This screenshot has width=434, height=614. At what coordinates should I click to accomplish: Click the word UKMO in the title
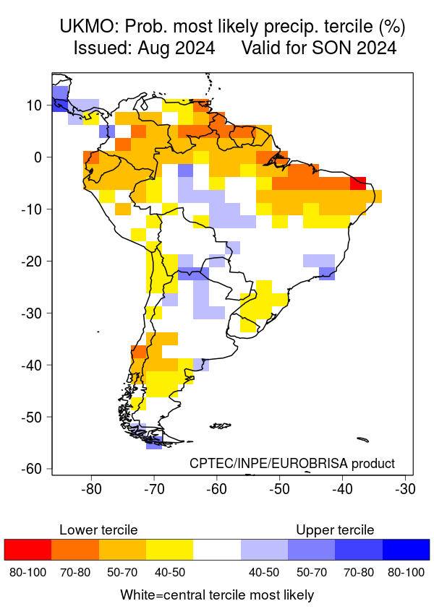[x=87, y=27]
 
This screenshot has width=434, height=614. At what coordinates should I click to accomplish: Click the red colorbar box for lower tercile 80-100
[x=27, y=550]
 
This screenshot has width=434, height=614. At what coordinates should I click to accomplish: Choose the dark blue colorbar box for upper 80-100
[x=406, y=550]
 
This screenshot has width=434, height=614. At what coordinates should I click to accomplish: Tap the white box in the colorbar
[x=216, y=550]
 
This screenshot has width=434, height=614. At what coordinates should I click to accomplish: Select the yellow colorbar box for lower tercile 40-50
[x=169, y=550]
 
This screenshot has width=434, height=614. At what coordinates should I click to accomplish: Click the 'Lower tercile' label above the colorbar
[x=98, y=530]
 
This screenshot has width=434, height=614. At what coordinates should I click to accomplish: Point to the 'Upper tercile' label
[x=335, y=530]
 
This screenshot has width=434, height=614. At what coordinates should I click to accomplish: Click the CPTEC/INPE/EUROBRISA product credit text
[x=292, y=463]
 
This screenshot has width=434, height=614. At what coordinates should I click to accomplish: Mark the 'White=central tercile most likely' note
[x=217, y=595]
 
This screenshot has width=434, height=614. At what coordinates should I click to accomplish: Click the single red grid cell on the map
[x=357, y=183]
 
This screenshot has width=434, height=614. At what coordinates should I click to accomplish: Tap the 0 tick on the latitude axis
[x=40, y=157]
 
